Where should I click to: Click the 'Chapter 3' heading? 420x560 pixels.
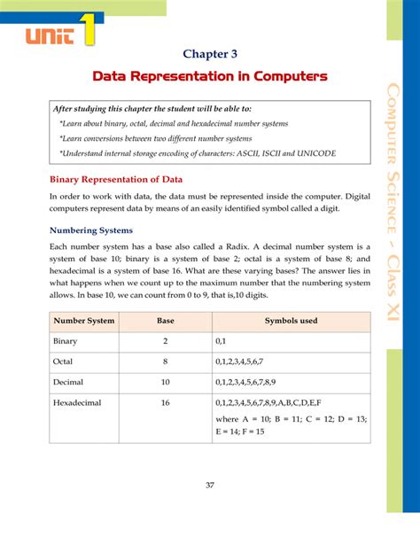click(210, 53)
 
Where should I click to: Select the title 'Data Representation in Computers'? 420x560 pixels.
click(210, 77)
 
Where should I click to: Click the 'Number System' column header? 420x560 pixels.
click(84, 320)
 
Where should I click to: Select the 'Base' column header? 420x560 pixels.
click(166, 320)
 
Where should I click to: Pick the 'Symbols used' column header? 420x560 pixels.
click(291, 320)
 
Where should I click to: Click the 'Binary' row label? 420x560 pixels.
click(66, 340)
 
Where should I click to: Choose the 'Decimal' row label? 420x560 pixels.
click(68, 382)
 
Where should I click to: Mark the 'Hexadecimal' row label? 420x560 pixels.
click(77, 402)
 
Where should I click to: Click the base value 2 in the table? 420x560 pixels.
click(166, 340)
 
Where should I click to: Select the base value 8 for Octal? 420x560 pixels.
click(166, 362)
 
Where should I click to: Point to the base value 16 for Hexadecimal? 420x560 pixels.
click(166, 402)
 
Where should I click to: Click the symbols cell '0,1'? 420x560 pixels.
click(222, 340)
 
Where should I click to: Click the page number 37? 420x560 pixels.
click(210, 485)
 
